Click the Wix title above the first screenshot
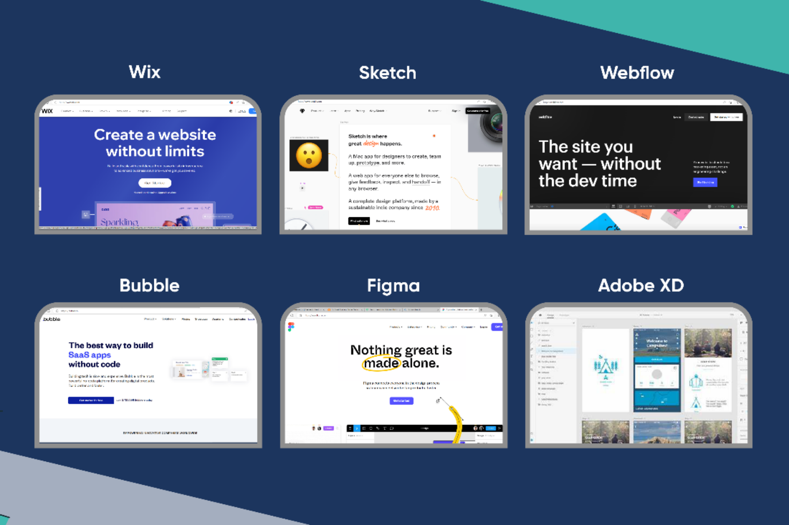[145, 72]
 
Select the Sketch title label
[387, 73]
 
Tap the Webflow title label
[637, 73]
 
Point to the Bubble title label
[149, 286]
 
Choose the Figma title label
[393, 286]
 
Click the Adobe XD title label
[641, 286]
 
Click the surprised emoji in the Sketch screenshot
[309, 155]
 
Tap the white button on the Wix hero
[155, 183]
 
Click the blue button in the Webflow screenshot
[705, 182]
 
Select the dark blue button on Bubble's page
[91, 400]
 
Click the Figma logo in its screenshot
[291, 327]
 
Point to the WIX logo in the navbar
[47, 111]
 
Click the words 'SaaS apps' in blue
[90, 355]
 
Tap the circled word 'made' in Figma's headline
[381, 363]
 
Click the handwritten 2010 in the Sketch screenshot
[432, 208]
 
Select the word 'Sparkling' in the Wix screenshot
[119, 222]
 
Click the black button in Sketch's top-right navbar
[477, 111]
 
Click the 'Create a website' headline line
[155, 135]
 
